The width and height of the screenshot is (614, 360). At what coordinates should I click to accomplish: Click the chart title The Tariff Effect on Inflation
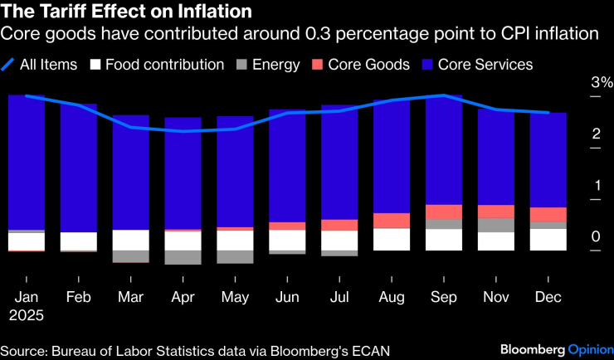point(126,12)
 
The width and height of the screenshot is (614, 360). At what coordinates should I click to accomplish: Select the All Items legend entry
point(49,64)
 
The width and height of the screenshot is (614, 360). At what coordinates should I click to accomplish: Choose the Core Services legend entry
point(485,64)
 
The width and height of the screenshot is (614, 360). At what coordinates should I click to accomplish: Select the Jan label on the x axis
point(27,297)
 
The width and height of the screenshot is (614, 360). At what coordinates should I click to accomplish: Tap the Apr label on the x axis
point(183,297)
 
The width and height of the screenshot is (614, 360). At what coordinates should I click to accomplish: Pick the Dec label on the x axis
point(548,297)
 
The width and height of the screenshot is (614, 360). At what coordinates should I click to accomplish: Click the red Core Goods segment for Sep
point(444,212)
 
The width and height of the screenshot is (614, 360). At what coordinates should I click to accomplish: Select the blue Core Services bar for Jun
point(287,166)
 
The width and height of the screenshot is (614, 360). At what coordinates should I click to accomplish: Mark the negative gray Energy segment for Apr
point(183,257)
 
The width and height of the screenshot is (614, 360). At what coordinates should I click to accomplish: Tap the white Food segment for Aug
point(392,239)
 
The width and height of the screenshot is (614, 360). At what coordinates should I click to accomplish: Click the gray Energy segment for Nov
point(496,225)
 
